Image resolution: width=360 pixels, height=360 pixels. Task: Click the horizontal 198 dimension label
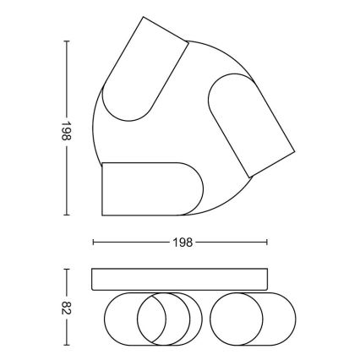coord(181,243)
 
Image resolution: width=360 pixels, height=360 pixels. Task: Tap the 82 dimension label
coord(66,306)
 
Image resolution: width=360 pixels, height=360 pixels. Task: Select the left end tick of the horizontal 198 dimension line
coord(92,243)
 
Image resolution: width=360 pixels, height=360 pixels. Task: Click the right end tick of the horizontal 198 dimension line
coord(269,243)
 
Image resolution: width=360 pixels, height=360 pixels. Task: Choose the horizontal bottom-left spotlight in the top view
coord(148,188)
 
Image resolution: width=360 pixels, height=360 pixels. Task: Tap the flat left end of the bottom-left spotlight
coord(101,188)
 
